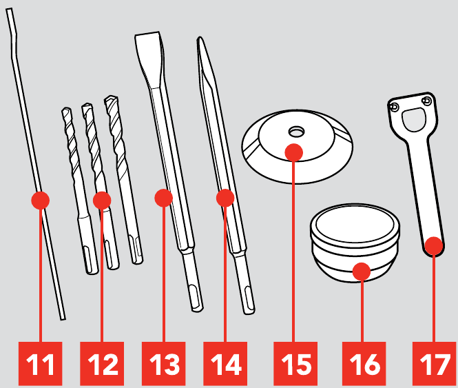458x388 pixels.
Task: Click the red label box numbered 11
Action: [41, 363]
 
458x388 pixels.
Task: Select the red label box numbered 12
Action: [102, 363]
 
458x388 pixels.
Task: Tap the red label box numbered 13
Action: [164, 363]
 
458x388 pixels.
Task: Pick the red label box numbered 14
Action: [225, 363]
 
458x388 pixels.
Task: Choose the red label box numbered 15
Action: [295, 363]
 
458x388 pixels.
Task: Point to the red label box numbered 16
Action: [364, 363]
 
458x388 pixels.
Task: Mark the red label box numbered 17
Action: [434, 363]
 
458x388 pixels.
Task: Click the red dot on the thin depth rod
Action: [41, 201]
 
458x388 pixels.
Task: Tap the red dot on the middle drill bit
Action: [102, 201]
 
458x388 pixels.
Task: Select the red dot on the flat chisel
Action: [164, 198]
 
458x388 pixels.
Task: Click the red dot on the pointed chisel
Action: [225, 198]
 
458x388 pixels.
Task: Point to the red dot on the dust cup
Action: [294, 152]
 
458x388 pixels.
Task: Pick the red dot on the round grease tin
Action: [362, 272]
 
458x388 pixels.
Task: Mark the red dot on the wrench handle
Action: [434, 246]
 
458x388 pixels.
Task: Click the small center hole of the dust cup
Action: [296, 132]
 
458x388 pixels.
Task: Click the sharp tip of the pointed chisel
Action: [200, 37]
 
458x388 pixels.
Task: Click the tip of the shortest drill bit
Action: [66, 110]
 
